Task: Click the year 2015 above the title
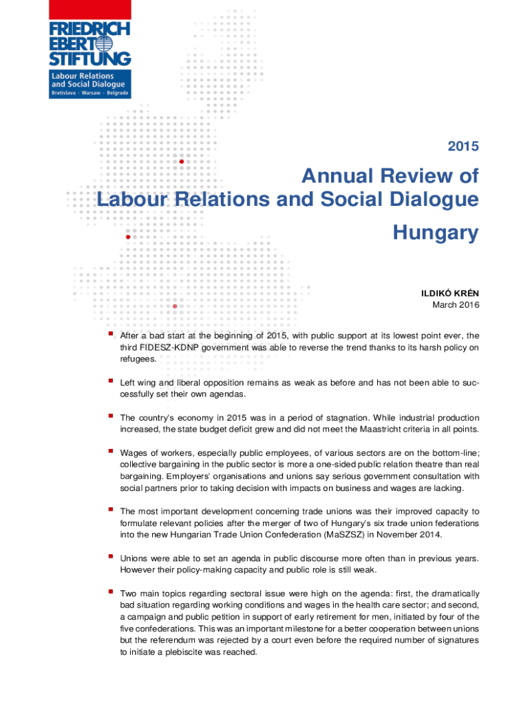click(463, 146)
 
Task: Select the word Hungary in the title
click(435, 234)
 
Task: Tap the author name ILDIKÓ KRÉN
click(451, 293)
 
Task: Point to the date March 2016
click(455, 304)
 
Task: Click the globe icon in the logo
click(104, 43)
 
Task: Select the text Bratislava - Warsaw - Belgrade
click(90, 93)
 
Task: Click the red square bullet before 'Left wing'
click(110, 381)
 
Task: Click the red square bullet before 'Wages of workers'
click(110, 451)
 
